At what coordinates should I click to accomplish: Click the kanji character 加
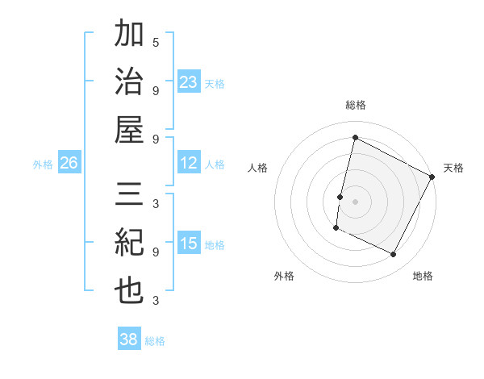[129, 35]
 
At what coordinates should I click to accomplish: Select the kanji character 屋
[129, 130]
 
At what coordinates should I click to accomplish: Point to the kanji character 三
[129, 197]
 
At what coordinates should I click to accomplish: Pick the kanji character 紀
[129, 244]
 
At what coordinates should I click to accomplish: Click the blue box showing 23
[189, 81]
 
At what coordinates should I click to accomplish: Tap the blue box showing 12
[189, 163]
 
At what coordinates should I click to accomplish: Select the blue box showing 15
[189, 244]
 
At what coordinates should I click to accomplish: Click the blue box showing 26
[69, 163]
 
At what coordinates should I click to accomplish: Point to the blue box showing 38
[129, 339]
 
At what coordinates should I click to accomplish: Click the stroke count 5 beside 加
[156, 42]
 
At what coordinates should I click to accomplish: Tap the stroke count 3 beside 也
[156, 301]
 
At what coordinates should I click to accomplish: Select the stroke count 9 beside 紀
[156, 252]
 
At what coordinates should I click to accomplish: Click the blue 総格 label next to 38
[155, 341]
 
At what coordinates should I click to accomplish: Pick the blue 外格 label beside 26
[43, 165]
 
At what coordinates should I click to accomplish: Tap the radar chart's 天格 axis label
[453, 168]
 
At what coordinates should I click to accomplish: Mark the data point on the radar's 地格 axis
[394, 255]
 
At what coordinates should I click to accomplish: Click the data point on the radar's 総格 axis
[355, 138]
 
